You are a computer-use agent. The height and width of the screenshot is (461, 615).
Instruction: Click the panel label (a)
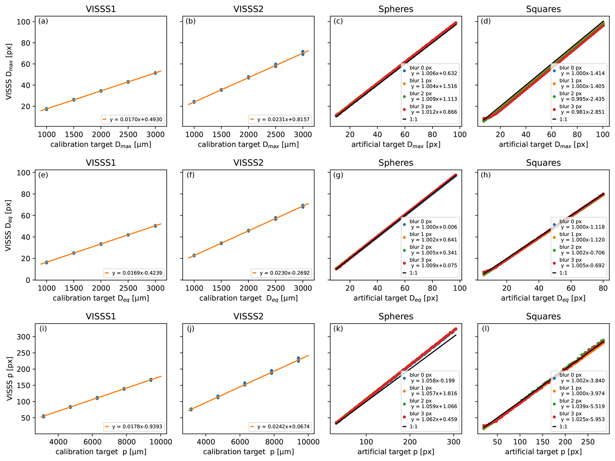pos(43,21)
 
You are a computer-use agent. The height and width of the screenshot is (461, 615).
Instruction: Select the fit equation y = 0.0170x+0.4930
pos(136,119)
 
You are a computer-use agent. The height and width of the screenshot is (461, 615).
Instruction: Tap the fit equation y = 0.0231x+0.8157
pos(283,119)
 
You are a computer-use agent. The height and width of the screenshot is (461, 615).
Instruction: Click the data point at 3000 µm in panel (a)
pos(155,73)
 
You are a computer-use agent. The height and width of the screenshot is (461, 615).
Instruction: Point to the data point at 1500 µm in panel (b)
pos(221,89)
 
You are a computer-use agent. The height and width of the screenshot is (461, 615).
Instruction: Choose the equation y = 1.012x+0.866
pos(434,112)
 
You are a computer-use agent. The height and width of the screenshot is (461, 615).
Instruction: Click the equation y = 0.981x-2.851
pos(583,112)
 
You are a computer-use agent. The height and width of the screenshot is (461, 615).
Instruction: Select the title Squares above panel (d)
pos(543,9)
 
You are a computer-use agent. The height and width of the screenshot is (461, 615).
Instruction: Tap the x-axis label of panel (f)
pos(248,298)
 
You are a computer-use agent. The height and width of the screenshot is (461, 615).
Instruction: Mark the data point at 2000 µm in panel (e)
pos(101,244)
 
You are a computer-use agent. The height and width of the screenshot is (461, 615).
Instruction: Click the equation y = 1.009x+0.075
pos(434,266)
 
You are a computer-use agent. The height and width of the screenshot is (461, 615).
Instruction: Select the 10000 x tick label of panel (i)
pos(161,442)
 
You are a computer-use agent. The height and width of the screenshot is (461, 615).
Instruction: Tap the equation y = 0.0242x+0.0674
pos(283,427)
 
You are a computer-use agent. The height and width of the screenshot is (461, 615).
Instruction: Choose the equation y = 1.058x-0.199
pos(433,380)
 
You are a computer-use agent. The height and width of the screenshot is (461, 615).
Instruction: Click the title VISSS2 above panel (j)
pos(248,316)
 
